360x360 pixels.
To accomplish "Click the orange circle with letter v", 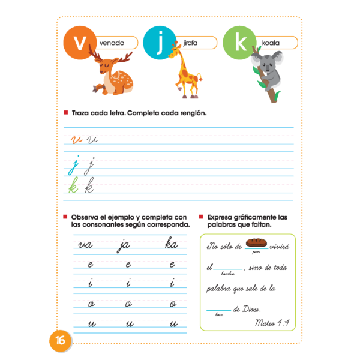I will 78,43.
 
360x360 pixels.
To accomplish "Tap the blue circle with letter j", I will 158,43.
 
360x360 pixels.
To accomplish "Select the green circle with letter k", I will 239,43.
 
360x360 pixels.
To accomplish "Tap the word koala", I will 271,43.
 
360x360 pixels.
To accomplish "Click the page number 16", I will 60,340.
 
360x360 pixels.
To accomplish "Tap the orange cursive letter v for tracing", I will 76,140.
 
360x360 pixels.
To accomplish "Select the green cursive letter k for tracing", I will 73,188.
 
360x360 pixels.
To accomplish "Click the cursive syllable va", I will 85,245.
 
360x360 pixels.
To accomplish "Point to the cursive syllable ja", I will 125,245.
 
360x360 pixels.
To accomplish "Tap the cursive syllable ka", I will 171,245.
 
